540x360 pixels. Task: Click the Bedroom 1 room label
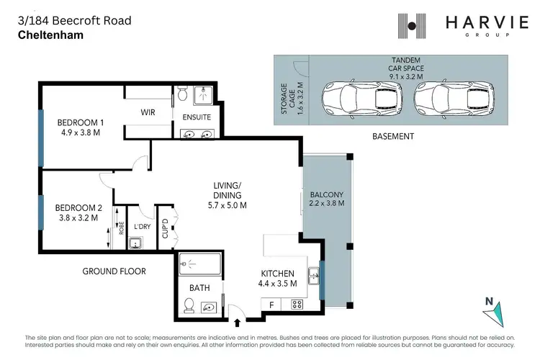pyautogui.click(x=81, y=122)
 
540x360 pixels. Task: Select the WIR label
pyautogui.click(x=148, y=112)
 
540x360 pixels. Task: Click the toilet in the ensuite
pyautogui.click(x=183, y=95)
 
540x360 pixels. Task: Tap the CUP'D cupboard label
pyautogui.click(x=165, y=228)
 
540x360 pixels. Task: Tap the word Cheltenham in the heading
pyautogui.click(x=49, y=34)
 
